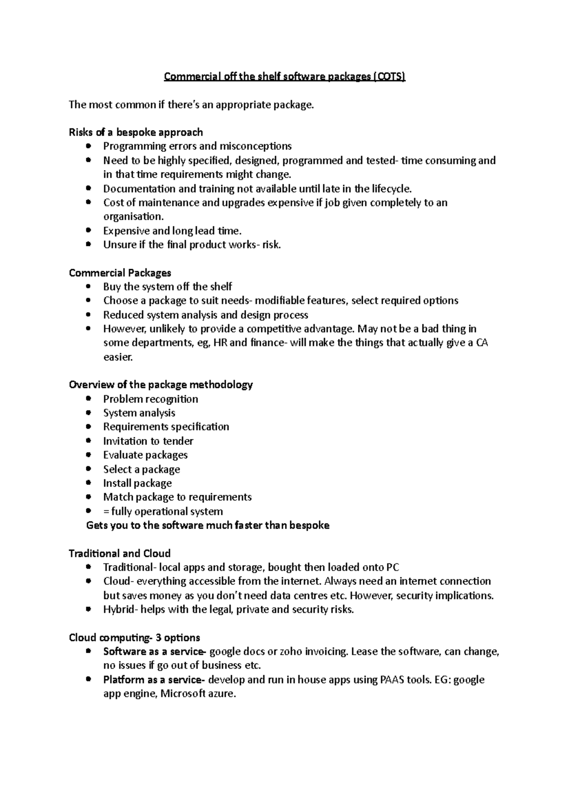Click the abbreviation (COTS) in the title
coord(389,76)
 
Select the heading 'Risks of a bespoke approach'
coord(136,132)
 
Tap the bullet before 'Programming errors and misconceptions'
coord(88,146)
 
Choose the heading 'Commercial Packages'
coord(120,273)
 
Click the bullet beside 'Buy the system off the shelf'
coord(88,287)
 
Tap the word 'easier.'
coord(118,357)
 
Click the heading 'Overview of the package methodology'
coord(161,384)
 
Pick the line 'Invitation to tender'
coord(148,441)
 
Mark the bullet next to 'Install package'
coord(88,483)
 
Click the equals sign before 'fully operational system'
coord(106,512)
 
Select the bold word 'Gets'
coord(97,525)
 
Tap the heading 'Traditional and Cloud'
coord(119,553)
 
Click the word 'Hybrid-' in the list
coord(120,609)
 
